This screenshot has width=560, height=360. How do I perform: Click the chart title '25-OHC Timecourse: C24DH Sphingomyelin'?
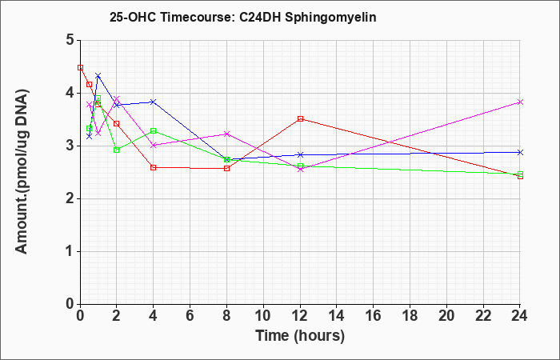(243, 17)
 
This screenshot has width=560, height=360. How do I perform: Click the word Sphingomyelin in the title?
(330, 17)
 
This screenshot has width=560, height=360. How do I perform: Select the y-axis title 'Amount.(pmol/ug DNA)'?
(22, 171)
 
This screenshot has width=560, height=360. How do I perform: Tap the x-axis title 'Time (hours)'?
(300, 336)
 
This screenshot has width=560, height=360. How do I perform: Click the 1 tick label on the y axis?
(70, 251)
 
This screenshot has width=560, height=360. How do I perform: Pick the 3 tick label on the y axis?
(70, 146)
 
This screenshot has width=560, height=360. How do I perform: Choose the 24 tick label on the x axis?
(520, 316)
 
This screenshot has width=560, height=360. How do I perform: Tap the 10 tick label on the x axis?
(263, 316)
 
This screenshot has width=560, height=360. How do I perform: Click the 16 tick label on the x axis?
(374, 316)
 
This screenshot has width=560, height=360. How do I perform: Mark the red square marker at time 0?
(80, 67)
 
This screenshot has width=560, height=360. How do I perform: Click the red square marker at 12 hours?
(300, 119)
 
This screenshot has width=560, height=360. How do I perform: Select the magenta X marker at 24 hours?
(520, 102)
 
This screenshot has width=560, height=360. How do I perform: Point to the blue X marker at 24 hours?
(520, 153)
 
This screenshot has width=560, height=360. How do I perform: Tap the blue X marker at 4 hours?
(154, 102)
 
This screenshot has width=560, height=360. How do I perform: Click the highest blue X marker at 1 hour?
(98, 76)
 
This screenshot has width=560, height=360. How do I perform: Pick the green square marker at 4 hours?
(154, 130)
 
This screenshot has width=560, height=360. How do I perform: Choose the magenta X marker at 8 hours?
(226, 134)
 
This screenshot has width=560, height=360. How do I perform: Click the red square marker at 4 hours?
(154, 167)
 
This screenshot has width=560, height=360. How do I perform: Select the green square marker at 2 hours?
(117, 150)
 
